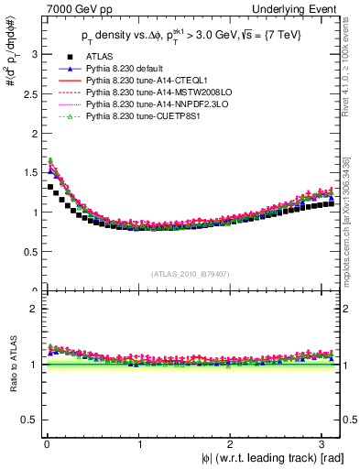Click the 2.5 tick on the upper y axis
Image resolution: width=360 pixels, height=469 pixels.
pyautogui.click(x=28, y=93)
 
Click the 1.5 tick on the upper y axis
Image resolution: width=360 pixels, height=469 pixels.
pyautogui.click(x=28, y=173)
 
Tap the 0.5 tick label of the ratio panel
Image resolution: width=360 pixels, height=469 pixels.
pyautogui.click(x=28, y=420)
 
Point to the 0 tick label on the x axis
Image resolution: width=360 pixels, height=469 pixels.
pyautogui.click(x=46, y=445)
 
